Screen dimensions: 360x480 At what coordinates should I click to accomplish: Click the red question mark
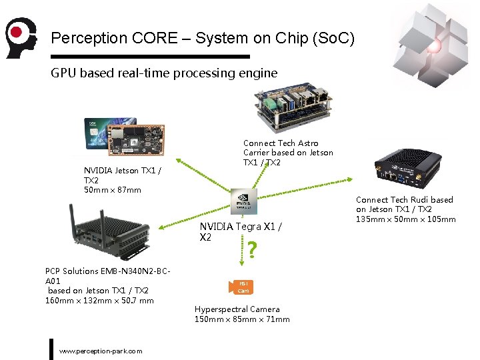(x=252, y=250)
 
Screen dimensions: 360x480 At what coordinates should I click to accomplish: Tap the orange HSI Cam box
(x=243, y=287)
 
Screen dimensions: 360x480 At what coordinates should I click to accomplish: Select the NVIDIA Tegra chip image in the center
(x=243, y=201)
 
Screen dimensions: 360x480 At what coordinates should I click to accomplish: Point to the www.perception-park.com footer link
(x=101, y=351)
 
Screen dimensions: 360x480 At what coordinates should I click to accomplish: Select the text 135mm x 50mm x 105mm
(x=405, y=219)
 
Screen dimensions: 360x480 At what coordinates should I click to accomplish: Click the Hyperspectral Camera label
(x=237, y=309)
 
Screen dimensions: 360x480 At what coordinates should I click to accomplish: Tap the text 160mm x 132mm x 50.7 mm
(x=99, y=300)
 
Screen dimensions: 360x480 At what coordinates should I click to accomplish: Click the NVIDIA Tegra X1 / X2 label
(x=240, y=231)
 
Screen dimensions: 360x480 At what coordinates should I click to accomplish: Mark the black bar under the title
(x=150, y=57)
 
